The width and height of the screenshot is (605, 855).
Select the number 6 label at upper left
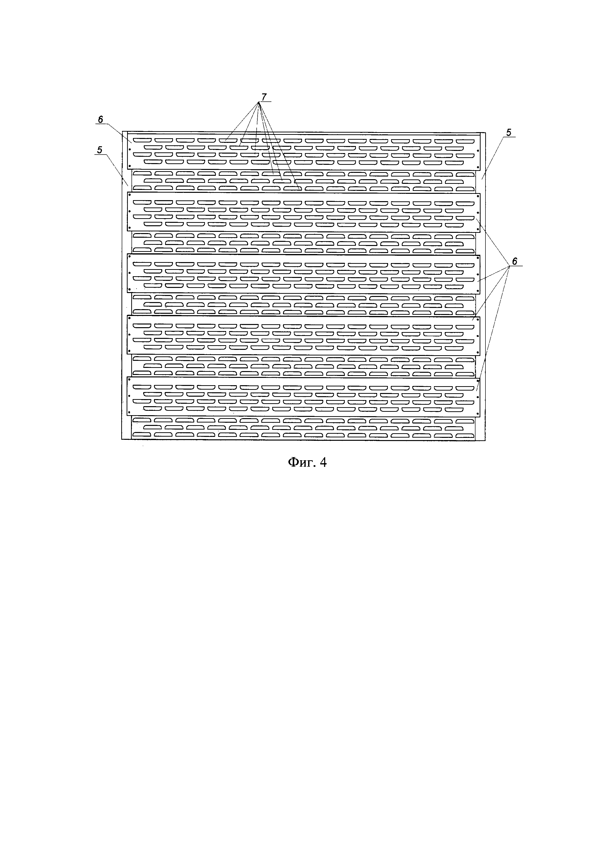pyautogui.click(x=100, y=119)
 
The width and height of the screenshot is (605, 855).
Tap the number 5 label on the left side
pyautogui.click(x=100, y=150)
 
